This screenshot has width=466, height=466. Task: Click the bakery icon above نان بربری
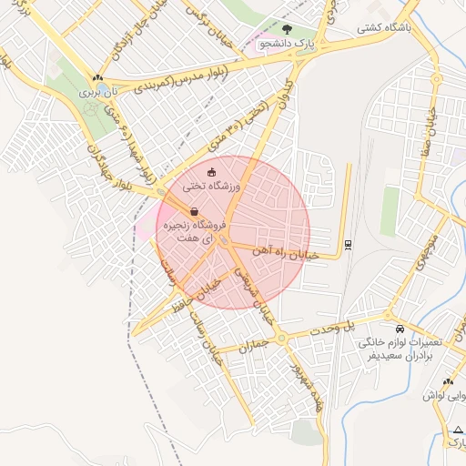click(x=96, y=78)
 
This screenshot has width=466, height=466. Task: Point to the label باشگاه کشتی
click(x=383, y=27)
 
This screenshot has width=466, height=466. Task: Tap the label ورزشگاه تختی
click(x=210, y=186)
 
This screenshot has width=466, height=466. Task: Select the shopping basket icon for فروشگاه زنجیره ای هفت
click(x=196, y=211)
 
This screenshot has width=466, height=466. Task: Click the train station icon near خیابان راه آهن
click(x=348, y=244)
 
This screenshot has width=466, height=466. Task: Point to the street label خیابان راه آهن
click(x=288, y=258)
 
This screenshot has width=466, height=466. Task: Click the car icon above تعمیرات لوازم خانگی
click(x=400, y=329)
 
